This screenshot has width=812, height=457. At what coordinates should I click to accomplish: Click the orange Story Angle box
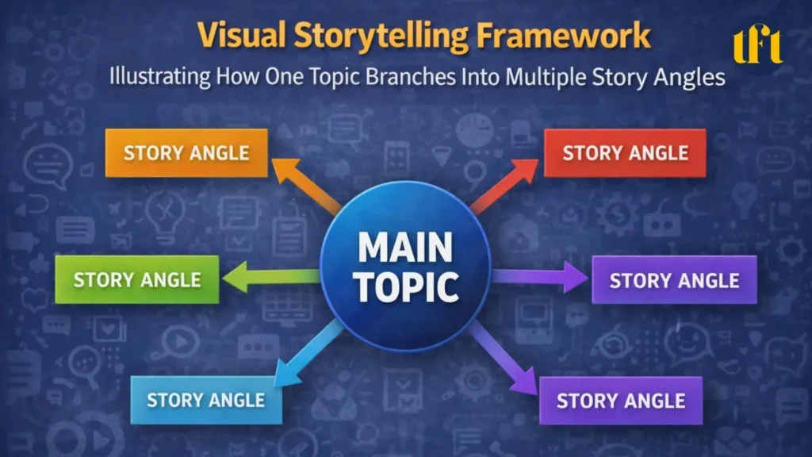[x=186, y=153]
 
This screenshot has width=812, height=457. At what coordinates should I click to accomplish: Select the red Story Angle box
[x=625, y=153]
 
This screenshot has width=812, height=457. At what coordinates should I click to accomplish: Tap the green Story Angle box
[x=136, y=279]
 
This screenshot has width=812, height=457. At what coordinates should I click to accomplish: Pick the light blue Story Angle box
[x=205, y=400]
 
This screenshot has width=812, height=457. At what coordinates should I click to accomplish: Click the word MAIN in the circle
[x=405, y=248]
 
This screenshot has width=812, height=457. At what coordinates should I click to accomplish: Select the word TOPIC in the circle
[x=405, y=286]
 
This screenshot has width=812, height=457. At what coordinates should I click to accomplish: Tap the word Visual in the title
[x=236, y=36]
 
